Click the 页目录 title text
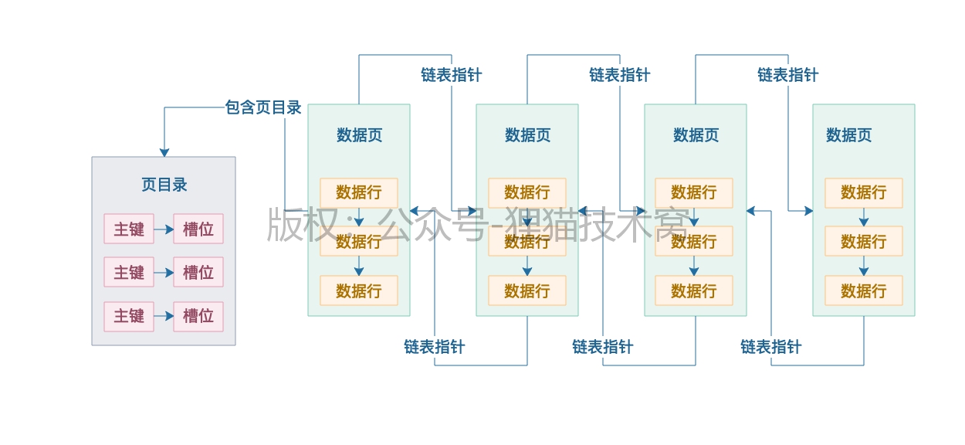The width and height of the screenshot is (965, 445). [x=164, y=185]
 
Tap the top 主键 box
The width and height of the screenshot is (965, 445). [x=129, y=229]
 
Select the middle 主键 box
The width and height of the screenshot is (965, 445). [x=129, y=272]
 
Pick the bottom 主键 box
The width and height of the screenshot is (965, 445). [x=129, y=316]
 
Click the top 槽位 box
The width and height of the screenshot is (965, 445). [x=198, y=229]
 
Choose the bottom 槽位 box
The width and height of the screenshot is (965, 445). [x=198, y=316]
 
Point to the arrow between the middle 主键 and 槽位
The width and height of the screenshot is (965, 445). [x=164, y=273]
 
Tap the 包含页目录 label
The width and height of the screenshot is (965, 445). [x=263, y=107]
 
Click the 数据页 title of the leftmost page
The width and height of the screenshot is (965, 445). [x=359, y=135]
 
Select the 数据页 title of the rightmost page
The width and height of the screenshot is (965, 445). [x=848, y=135]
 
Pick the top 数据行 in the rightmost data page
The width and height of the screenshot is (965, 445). [x=863, y=192]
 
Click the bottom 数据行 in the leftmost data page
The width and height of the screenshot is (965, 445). [x=359, y=290]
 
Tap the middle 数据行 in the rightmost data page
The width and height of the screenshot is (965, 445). [x=863, y=242]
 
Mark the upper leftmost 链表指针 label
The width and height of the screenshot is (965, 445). [x=451, y=75]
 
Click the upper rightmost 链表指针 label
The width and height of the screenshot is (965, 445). [x=787, y=75]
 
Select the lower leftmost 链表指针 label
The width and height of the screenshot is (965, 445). [x=434, y=347]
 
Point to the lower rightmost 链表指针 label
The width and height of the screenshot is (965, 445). [x=770, y=347]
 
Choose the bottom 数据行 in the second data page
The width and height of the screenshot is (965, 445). [x=527, y=290]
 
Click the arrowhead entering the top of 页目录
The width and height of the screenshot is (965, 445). [x=164, y=152]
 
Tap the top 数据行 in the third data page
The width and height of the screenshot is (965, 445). [x=694, y=192]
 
